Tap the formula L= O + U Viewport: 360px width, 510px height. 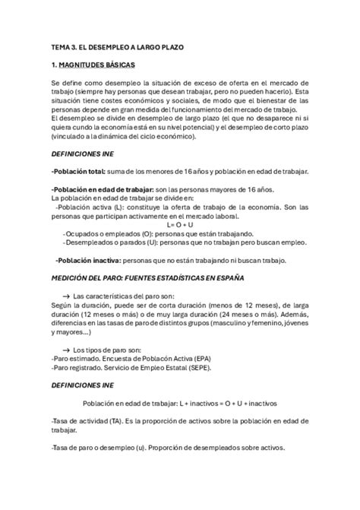pos(179,226)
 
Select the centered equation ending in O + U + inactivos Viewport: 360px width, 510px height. pos(179,403)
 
